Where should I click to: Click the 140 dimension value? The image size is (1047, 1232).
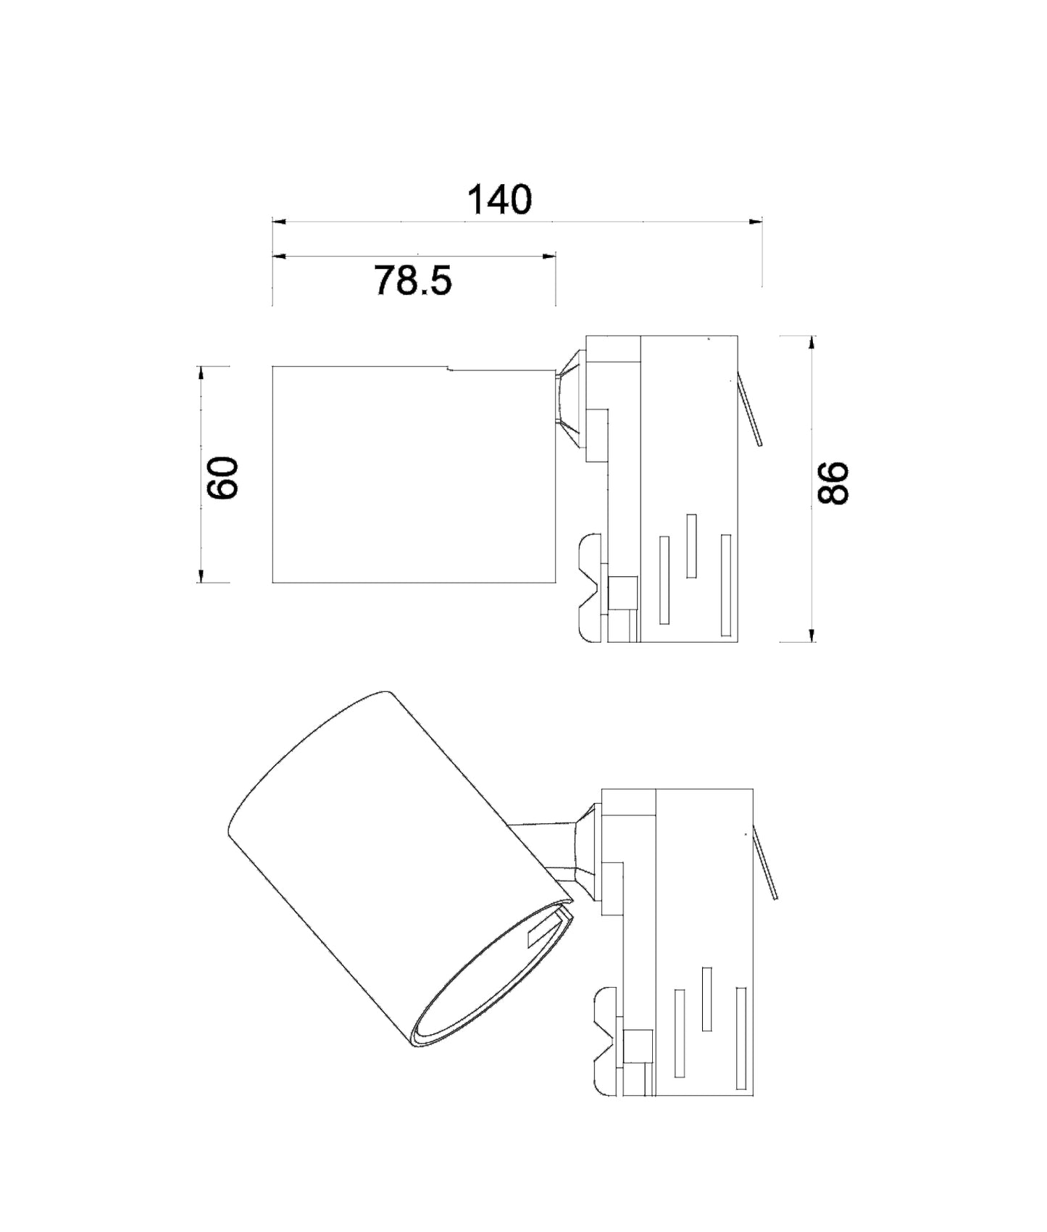click(499, 200)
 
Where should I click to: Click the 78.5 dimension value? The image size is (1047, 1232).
click(413, 280)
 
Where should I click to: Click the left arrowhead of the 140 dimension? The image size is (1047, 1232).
click(279, 221)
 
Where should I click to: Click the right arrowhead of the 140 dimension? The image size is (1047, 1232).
click(756, 221)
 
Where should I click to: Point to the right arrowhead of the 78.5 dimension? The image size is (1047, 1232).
click(549, 256)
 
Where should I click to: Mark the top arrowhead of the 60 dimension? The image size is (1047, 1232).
click(201, 372)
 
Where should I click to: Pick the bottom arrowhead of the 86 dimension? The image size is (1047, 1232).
click(812, 635)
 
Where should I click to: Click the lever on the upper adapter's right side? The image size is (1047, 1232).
click(750, 409)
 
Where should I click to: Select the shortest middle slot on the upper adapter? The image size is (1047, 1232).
click(691, 546)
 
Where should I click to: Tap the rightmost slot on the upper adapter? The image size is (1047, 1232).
click(725, 585)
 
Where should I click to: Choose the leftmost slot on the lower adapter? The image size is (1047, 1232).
click(680, 1032)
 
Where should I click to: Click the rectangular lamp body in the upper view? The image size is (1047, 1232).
click(413, 475)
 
